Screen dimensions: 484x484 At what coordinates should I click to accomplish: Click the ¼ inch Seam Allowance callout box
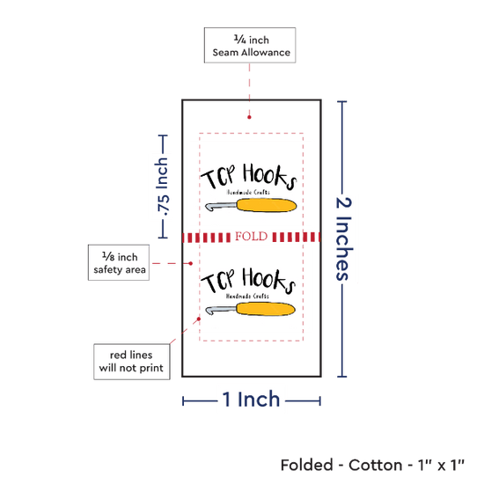pos(250,45)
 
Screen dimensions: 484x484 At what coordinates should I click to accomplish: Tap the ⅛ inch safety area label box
pos(119,263)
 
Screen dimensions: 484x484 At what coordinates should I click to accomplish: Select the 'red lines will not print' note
pos(132,362)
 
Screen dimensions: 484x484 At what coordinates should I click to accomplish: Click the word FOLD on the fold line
pos(252,237)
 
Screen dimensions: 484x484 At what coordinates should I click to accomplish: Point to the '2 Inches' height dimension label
pos(343,238)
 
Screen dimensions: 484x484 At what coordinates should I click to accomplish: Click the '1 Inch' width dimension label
pos(251,399)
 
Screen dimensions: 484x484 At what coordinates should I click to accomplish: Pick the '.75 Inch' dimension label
pos(162,187)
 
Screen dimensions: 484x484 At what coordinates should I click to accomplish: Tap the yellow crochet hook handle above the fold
pos(267,205)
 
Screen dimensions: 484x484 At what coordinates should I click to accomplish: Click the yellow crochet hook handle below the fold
pos(266,309)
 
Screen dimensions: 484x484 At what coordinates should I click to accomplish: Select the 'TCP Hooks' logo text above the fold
pos(249,176)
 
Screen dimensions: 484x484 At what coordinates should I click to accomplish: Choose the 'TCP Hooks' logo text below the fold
pos(248,280)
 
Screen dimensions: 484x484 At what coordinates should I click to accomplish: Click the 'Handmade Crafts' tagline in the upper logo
pos(248,192)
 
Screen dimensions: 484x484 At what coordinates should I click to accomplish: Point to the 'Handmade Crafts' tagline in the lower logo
pos(247,296)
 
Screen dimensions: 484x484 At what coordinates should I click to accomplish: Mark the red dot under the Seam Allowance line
pos(249,117)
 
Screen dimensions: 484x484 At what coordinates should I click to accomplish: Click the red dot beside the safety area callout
pos(191,263)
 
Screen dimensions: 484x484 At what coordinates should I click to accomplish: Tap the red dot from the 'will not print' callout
pos(199,319)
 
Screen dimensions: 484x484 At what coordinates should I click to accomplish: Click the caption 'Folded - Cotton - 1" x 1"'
pos(372,465)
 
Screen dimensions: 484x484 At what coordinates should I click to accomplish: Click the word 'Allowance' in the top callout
pos(266,53)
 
